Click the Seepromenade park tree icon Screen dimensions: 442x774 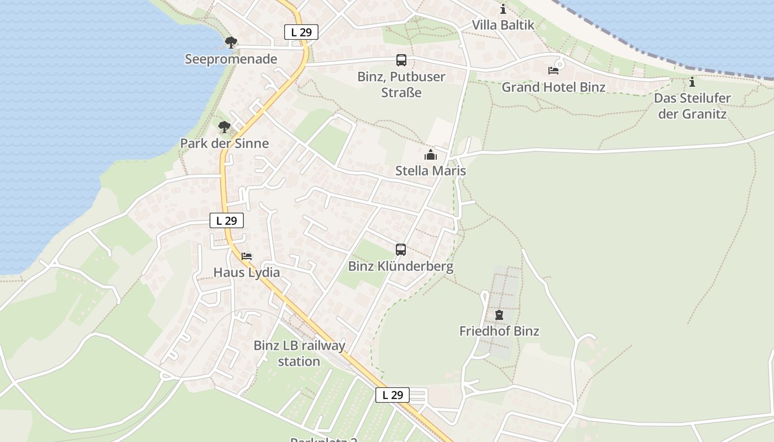pos(231,42)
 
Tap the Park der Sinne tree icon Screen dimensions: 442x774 pos(224,127)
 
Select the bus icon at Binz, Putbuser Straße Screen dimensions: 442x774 pos(401,60)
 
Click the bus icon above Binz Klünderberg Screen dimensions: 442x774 pos(401,250)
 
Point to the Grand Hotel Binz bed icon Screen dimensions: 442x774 pos(553,70)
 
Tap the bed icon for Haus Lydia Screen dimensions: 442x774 pos(247,256)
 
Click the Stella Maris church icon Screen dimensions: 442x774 pos(430,155)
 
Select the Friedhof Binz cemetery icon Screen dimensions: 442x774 pos(499,315)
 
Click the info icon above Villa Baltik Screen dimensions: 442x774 pos(503,9)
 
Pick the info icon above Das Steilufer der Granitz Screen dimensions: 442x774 pos(692,82)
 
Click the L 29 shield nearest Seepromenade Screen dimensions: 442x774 pos(301,32)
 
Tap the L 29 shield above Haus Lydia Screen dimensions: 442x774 pos(227,220)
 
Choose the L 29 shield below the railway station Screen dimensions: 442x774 pos(393,394)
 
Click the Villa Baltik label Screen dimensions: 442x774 pos(503,25)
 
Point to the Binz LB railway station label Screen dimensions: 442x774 pos(299,354)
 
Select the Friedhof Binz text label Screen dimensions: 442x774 pos(499,331)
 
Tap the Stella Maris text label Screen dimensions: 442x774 pos(430,171)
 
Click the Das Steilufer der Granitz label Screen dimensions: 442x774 pos(692,106)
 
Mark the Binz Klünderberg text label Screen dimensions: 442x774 pos(400,266)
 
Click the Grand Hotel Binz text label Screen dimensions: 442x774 pos(553,87)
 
